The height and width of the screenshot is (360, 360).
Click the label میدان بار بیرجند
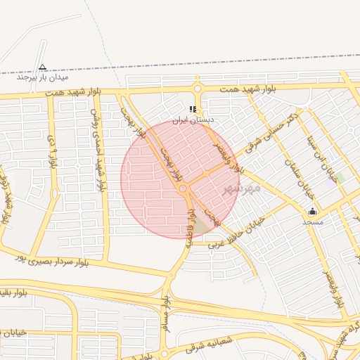click(x=42, y=77)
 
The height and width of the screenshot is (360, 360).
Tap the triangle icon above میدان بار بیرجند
click(x=42, y=67)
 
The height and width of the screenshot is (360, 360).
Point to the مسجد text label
click(x=312, y=221)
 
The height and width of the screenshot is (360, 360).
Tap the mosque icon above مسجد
click(x=312, y=211)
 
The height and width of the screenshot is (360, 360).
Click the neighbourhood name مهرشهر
click(x=241, y=188)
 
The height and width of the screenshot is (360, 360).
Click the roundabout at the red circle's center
click(x=183, y=188)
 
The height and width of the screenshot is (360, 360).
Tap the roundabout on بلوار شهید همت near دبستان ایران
click(x=197, y=89)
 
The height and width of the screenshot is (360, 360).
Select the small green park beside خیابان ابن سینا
click(x=340, y=176)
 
